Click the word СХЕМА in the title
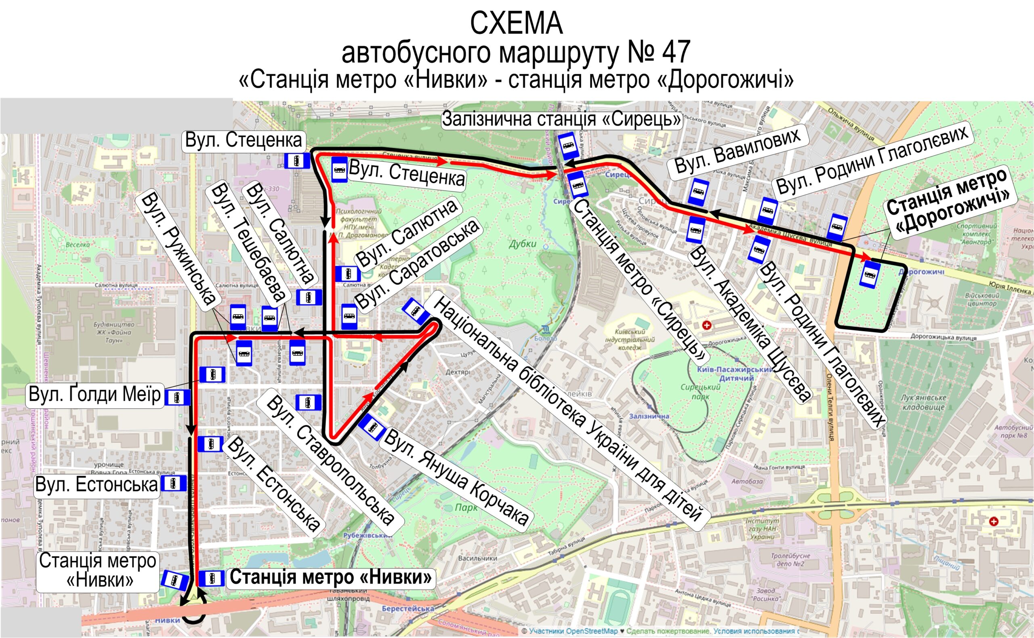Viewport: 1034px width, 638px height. (516, 23)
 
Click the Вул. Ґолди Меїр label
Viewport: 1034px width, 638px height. (95, 395)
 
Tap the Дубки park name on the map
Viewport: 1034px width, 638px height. (522, 243)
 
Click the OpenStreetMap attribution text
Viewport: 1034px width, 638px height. (573, 631)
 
